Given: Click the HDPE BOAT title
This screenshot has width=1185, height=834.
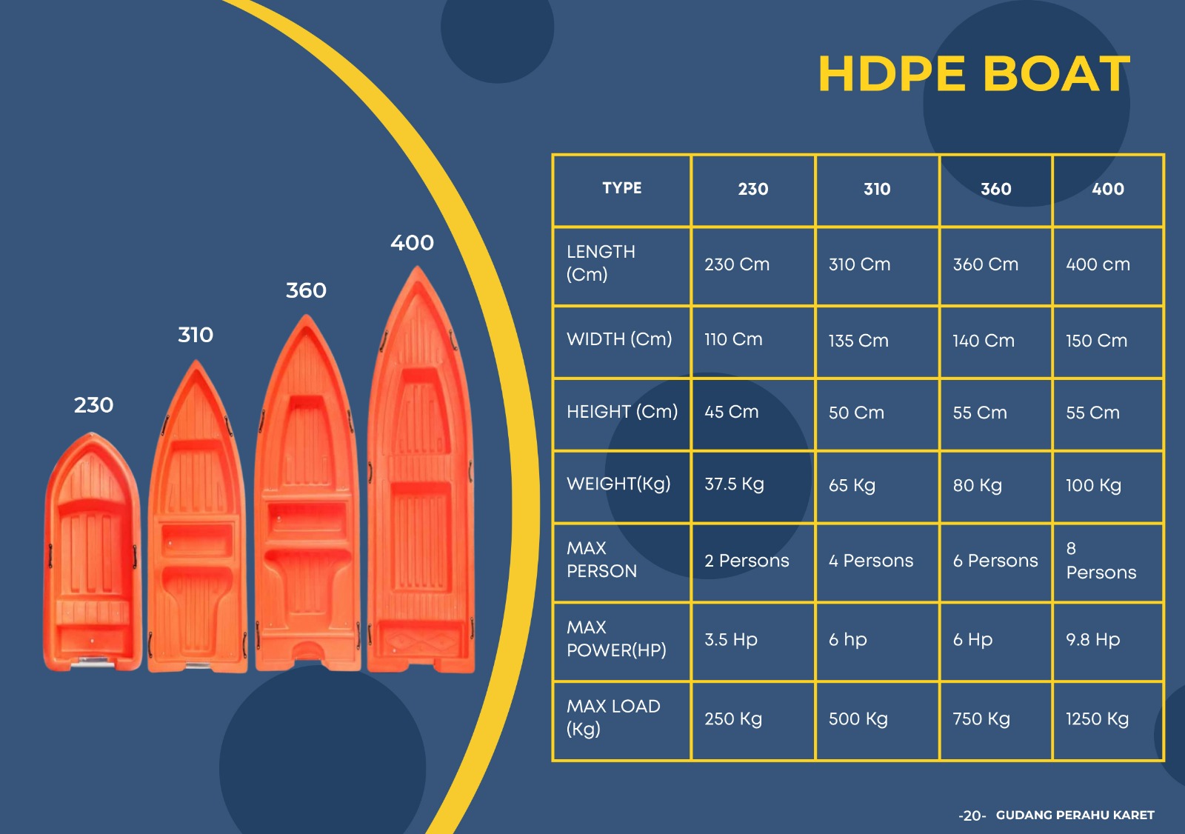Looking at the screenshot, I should coord(973,74).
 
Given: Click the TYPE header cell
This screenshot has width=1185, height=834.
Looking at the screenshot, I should coord(621,188).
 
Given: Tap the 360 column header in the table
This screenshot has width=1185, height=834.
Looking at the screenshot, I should coord(995,190).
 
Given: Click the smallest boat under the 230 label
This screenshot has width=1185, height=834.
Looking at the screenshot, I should coord(93,556).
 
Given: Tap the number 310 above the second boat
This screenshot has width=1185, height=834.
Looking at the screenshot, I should coord(196,335).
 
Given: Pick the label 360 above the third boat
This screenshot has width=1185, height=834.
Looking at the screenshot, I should coord(306,290).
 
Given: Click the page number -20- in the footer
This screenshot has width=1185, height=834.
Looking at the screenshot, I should coord(972,816).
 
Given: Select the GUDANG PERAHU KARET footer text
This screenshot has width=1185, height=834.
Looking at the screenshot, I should coord(1075,815).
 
